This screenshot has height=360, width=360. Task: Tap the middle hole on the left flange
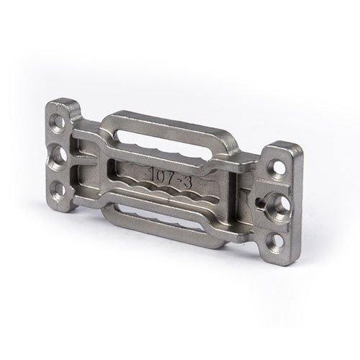tap(59, 155)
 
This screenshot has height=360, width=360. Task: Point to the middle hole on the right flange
tap(282, 204)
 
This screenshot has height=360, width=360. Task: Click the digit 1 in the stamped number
tap(151, 174)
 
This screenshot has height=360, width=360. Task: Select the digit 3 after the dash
tap(187, 182)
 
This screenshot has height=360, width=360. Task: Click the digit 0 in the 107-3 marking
tap(159, 175)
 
